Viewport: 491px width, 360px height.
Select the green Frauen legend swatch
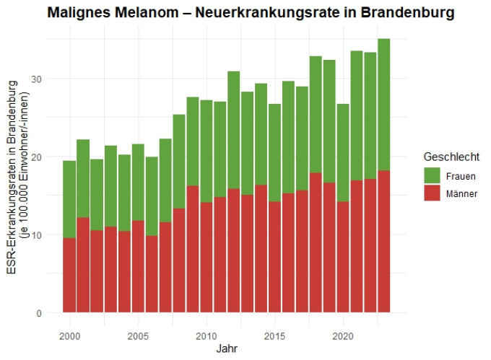coord(432,175)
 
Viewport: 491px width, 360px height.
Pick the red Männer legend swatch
coord(432,193)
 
